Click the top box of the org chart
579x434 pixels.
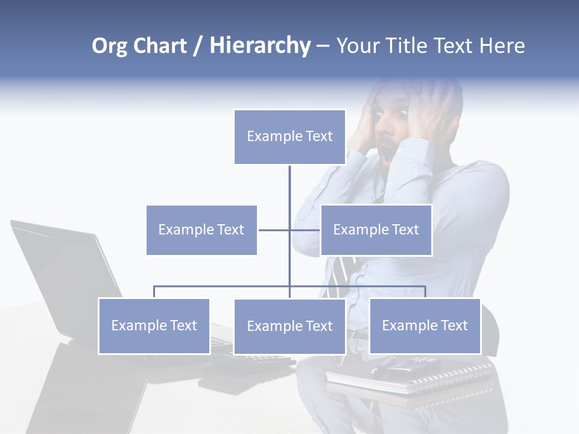click(289, 137)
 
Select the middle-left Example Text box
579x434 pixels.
click(201, 230)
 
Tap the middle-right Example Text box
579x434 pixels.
click(376, 230)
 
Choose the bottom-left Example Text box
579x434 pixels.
click(154, 325)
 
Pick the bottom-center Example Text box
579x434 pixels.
click(289, 326)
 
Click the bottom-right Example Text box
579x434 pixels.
click(425, 325)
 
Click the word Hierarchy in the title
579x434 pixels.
click(260, 46)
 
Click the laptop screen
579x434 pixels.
click(66, 271)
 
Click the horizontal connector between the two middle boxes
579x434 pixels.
click(274, 230)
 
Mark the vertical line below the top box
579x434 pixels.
click(289, 187)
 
